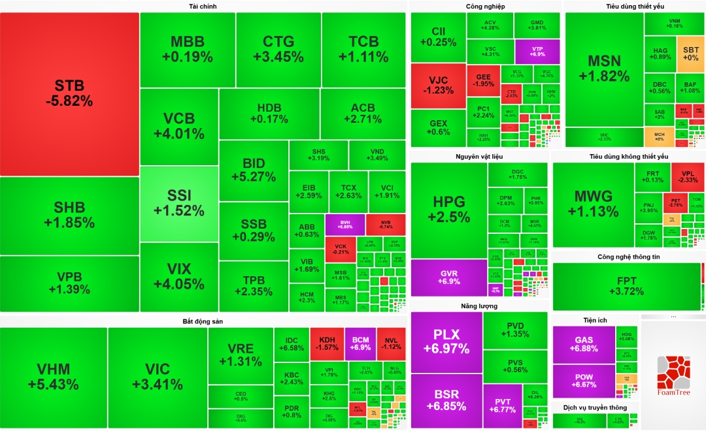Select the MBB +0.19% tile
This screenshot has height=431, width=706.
188,50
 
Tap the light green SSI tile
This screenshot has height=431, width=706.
179,203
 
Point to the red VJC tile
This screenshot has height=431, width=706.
438,86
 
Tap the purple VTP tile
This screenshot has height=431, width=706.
537,51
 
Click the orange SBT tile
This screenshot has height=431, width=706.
690,53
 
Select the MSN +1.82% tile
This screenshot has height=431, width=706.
604,69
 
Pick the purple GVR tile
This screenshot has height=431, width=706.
448,277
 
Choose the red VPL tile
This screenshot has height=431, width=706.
688,177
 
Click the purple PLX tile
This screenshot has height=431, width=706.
446,342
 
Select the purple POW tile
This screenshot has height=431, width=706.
584,381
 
